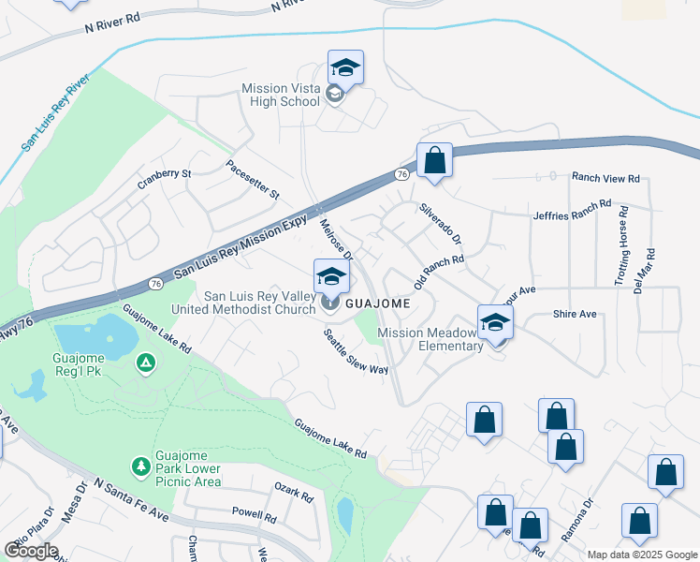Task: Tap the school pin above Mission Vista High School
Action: tap(345, 68)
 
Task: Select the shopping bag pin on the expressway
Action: tap(434, 161)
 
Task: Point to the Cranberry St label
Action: tap(164, 173)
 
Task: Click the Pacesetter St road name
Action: tap(254, 179)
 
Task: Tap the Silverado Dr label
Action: tap(441, 224)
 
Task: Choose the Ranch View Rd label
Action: tap(605, 177)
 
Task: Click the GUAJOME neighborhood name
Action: tap(379, 304)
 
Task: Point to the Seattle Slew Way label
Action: tap(356, 351)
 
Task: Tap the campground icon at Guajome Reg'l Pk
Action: tap(145, 362)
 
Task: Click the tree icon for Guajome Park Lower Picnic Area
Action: tap(140, 466)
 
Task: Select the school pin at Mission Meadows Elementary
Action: tap(496, 323)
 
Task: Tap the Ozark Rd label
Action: tap(293, 493)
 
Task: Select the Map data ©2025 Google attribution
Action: tap(641, 555)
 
